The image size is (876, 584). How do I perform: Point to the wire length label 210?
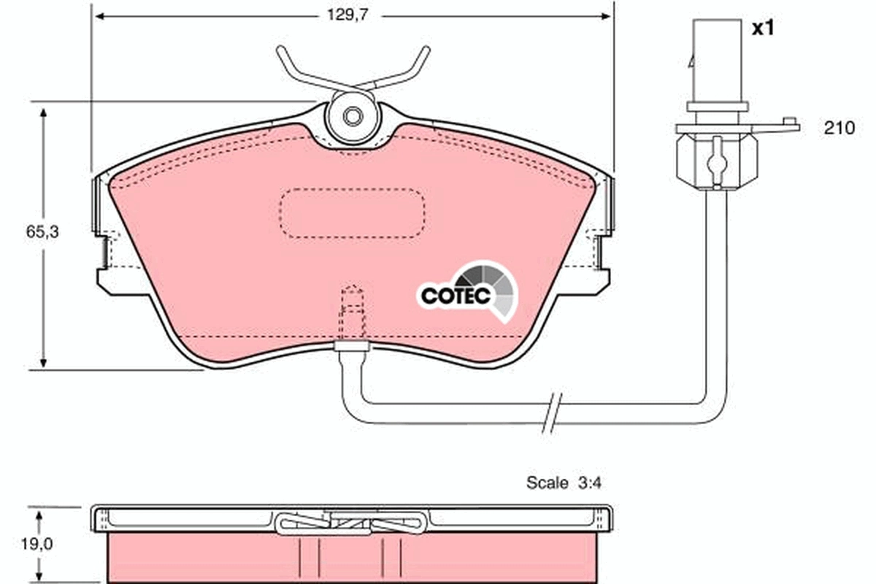coord(839,128)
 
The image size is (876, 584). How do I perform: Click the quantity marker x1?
coord(762,28)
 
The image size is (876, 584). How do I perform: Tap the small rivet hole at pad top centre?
coord(352,116)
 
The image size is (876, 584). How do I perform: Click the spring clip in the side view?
coord(353,522)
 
